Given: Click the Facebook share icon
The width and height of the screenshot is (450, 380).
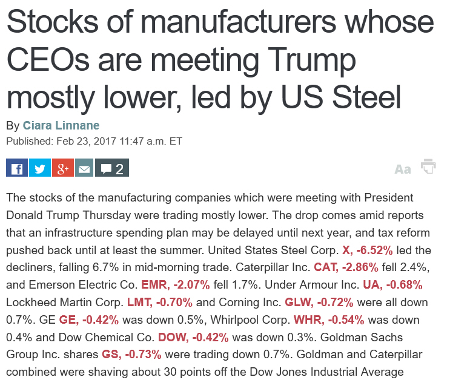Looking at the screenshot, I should pyautogui.click(x=16, y=168).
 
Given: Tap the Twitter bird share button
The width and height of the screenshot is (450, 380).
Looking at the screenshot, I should pyautogui.click(x=39, y=168).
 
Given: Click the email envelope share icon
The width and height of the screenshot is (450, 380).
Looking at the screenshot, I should pyautogui.click(x=84, y=168).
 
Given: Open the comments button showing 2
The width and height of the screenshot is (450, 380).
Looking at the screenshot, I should pyautogui.click(x=112, y=168).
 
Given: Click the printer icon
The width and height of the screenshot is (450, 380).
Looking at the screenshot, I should pyautogui.click(x=429, y=167).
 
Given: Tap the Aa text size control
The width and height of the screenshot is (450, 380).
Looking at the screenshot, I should pyautogui.click(x=403, y=169).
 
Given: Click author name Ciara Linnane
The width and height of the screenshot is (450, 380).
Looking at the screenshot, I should pyautogui.click(x=61, y=126).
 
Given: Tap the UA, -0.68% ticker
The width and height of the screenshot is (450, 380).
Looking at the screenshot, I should pyautogui.click(x=392, y=284).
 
